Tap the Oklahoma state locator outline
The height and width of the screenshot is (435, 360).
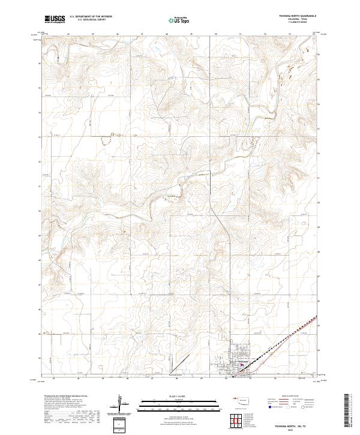(243, 401)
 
